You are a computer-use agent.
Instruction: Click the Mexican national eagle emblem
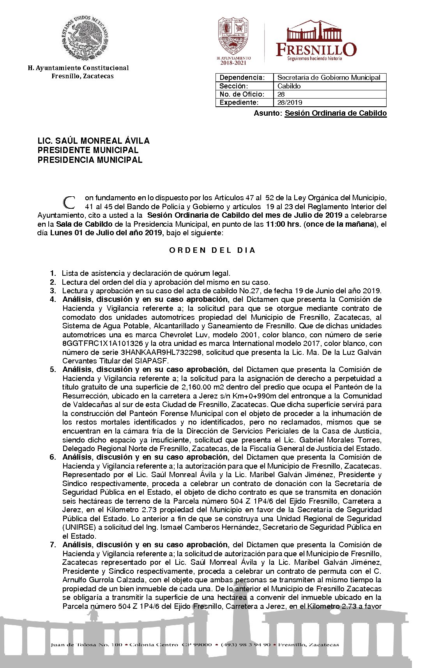(85, 39)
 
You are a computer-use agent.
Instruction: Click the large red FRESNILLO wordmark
(316, 49)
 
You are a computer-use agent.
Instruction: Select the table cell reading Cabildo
(289, 86)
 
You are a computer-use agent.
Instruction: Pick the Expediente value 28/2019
(290, 102)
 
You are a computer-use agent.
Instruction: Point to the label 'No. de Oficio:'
(242, 94)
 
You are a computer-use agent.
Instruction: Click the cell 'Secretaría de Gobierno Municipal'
(329, 78)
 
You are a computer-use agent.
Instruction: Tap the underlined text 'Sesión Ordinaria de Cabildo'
(336, 113)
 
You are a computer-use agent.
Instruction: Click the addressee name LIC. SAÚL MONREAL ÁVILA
(94, 141)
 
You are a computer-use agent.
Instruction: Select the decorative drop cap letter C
(69, 202)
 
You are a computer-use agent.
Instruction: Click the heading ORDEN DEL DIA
(212, 250)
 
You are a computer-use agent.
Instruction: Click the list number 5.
(53, 369)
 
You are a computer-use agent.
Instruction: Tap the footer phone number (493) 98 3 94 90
(246, 645)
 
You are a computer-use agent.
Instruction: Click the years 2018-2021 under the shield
(233, 63)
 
